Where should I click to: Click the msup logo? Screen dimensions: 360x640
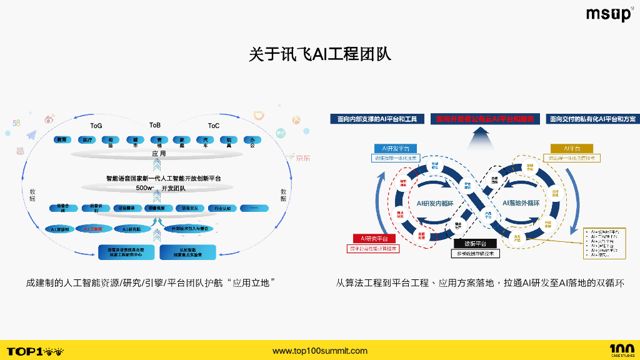609,14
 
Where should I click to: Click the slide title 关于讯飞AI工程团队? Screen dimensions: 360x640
320,54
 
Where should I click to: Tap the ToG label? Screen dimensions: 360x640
96,126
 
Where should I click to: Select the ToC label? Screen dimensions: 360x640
214,126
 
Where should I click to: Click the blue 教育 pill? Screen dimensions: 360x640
61,140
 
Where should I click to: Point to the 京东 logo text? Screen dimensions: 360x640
302,157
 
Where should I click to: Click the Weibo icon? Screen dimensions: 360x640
49,119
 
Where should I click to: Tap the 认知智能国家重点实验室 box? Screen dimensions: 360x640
188,252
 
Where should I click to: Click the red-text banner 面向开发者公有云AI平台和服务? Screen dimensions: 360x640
485,119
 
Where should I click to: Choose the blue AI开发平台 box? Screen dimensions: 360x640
396,149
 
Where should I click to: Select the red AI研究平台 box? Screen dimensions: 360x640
374,239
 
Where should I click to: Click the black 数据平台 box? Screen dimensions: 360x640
475,244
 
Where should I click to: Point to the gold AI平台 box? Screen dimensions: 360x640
571,149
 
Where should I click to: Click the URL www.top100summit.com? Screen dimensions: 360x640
320,351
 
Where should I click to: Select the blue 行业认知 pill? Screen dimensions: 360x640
222,208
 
